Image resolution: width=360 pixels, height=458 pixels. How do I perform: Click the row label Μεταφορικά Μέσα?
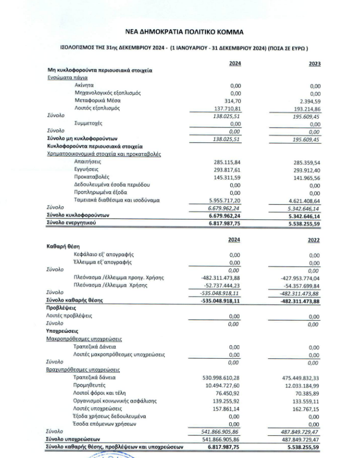(x=98, y=100)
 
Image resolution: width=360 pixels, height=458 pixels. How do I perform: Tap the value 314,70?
(x=232, y=100)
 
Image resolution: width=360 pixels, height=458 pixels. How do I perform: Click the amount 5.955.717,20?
(x=223, y=201)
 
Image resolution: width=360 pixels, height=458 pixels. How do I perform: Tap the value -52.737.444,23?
(x=221, y=285)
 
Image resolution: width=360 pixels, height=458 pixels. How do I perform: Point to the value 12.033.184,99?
(x=301, y=385)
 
